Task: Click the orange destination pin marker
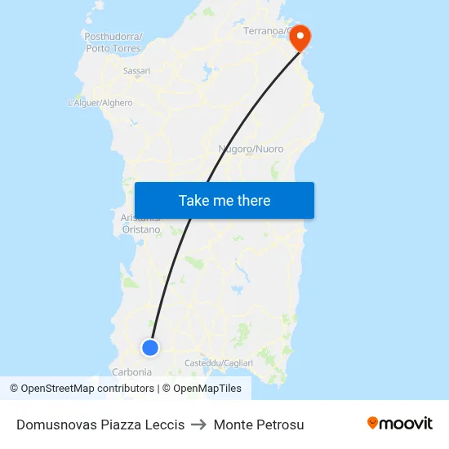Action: point(300,38)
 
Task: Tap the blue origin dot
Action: point(150,348)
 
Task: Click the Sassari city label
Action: point(136,71)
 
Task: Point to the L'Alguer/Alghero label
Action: point(100,103)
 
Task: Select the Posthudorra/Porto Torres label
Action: point(113,42)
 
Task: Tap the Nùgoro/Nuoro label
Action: point(251,149)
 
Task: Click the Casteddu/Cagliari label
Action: point(219,362)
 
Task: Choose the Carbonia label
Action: point(131,371)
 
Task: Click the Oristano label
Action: point(141,229)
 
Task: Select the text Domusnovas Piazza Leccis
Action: point(100,425)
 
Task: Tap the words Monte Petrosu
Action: point(259,425)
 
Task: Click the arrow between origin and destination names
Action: point(198,425)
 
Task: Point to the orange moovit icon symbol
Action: point(373,423)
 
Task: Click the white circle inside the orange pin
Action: point(300,34)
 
